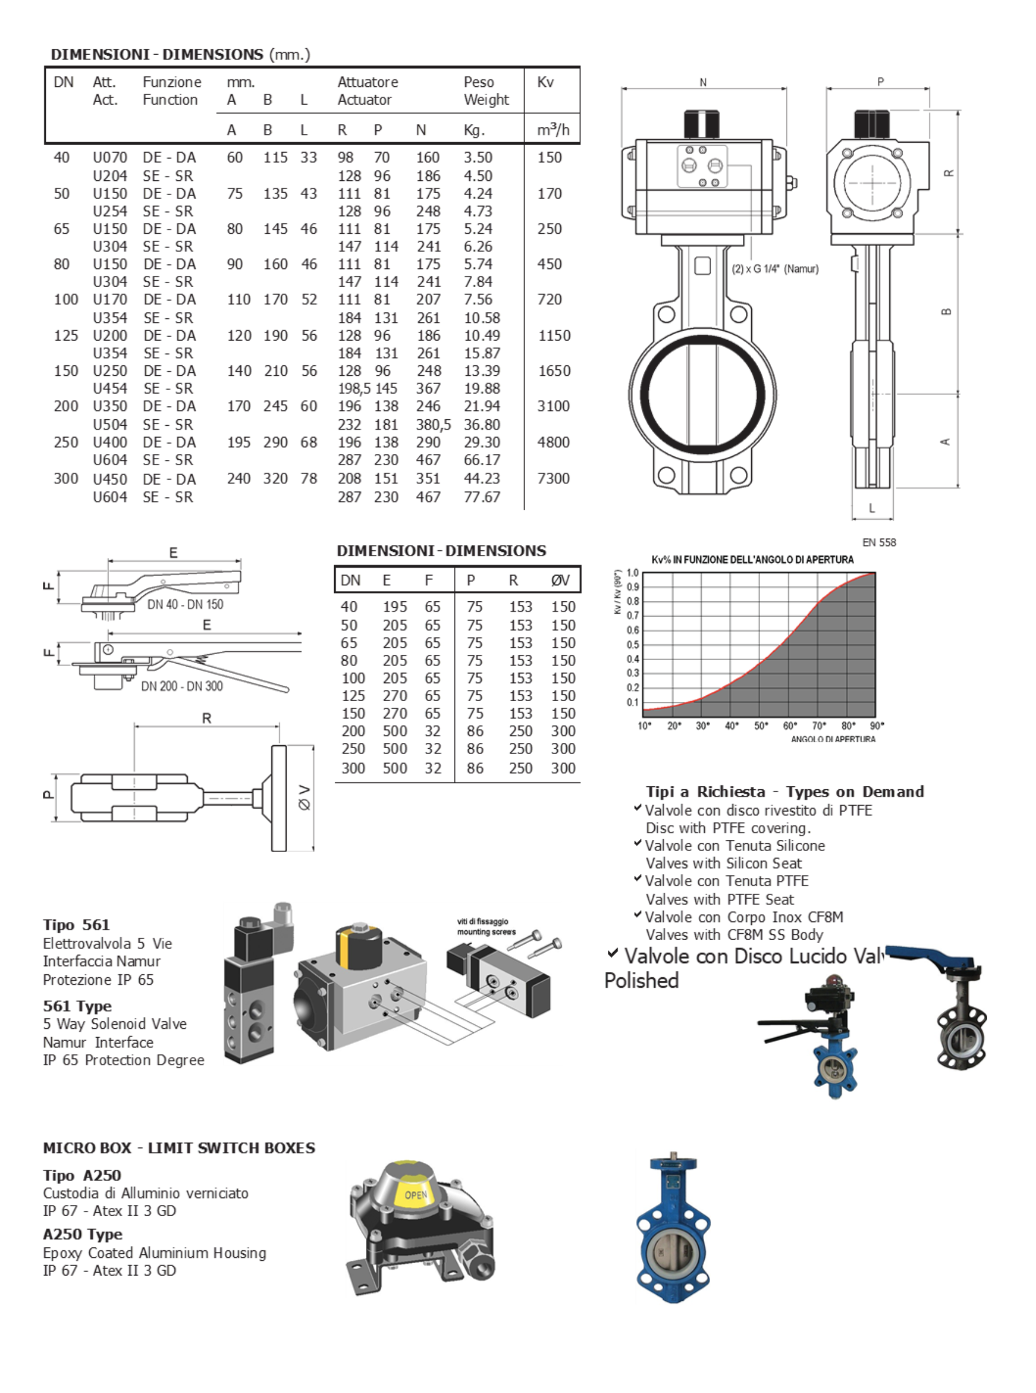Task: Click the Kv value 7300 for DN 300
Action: [553, 479]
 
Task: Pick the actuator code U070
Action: [110, 157]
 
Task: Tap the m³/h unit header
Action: [553, 130]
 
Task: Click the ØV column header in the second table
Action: [561, 581]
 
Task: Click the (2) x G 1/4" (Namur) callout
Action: [775, 269]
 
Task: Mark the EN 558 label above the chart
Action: [879, 542]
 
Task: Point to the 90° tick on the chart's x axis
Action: [877, 725]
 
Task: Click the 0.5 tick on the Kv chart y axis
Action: [633, 644]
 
